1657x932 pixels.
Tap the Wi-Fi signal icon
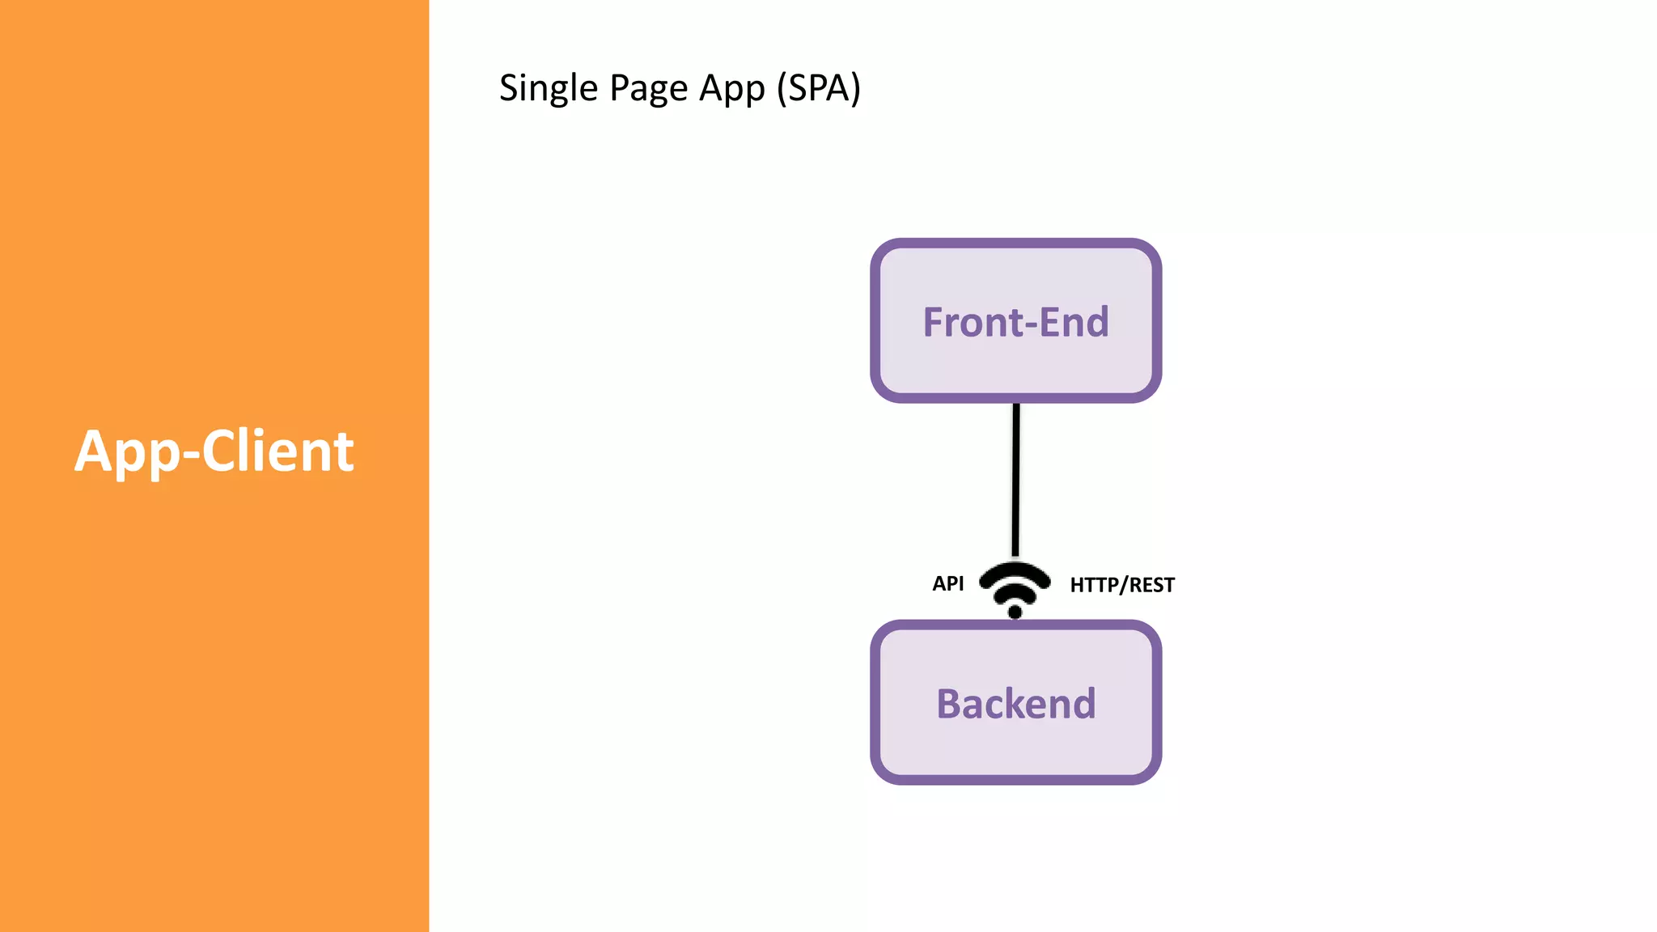tap(1015, 587)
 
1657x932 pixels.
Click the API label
tap(947, 583)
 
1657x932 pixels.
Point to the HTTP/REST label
tap(1121, 585)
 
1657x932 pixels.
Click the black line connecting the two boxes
tap(1015, 477)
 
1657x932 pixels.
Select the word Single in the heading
tap(548, 88)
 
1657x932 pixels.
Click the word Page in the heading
tap(649, 88)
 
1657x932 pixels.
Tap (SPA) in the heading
tap(818, 88)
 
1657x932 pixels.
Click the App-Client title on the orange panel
tap(214, 451)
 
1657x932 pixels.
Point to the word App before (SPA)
tap(731, 89)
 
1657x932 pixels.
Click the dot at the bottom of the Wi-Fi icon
tap(1015, 612)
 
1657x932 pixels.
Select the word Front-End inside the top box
tap(1015, 322)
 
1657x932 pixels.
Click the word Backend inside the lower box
tap(1015, 703)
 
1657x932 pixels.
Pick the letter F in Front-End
tap(934, 322)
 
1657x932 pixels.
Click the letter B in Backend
tap(948, 703)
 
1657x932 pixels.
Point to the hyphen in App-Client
tap(191, 455)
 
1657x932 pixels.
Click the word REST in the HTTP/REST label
tap(1151, 585)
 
